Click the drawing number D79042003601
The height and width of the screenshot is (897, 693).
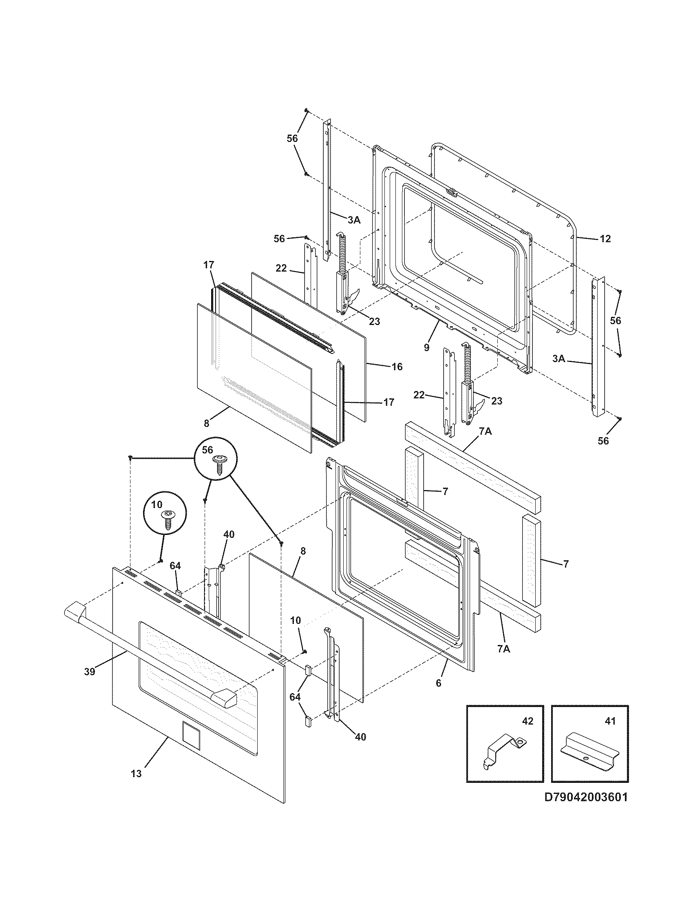[586, 797]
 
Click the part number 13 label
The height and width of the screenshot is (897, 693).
[136, 774]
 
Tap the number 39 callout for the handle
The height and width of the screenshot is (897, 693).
[90, 672]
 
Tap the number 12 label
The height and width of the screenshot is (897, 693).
[605, 239]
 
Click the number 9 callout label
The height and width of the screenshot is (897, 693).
[426, 347]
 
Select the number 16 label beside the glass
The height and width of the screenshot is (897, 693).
[397, 367]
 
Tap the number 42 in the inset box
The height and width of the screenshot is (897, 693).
[527, 721]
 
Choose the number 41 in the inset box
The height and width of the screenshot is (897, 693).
[611, 721]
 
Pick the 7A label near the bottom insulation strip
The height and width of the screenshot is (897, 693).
[503, 660]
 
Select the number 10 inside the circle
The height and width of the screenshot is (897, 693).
[157, 504]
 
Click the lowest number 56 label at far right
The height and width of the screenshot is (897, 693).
[603, 441]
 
